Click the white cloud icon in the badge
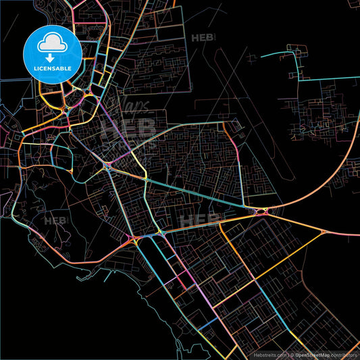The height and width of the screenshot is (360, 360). click(53, 43)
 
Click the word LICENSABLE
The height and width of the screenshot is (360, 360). click(53, 68)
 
